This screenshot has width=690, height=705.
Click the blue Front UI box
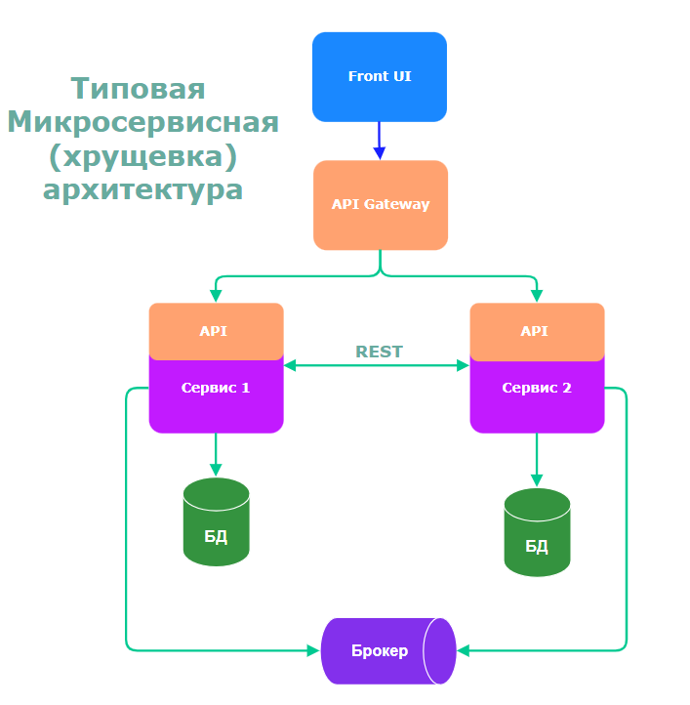(380, 76)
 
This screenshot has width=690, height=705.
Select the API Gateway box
(381, 205)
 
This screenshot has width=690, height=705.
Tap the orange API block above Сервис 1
(216, 329)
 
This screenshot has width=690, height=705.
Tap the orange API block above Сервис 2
(537, 329)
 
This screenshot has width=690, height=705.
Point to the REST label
(379, 352)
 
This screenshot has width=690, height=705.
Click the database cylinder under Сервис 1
(216, 521)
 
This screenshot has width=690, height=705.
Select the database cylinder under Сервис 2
(537, 532)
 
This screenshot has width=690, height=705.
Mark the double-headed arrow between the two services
(377, 366)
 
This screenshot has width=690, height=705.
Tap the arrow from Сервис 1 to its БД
(216, 454)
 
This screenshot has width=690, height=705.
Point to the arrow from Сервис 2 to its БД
(537, 459)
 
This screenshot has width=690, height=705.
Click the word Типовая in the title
(139, 88)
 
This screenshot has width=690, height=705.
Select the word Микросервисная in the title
(142, 122)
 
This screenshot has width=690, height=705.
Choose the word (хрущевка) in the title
(142, 155)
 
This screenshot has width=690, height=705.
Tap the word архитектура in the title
(142, 188)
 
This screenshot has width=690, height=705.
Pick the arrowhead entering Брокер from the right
(464, 649)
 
